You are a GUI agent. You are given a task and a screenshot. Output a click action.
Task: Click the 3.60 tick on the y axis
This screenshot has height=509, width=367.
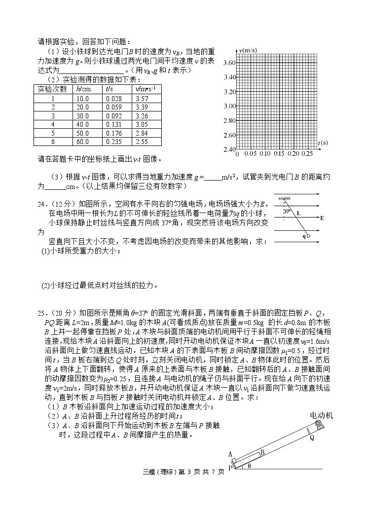pyautogui.click(x=228, y=63)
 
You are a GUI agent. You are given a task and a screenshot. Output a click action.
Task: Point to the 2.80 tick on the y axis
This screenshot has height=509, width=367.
pyautogui.click(x=228, y=121)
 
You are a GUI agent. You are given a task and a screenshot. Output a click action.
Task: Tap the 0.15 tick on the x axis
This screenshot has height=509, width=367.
pyautogui.click(x=279, y=154)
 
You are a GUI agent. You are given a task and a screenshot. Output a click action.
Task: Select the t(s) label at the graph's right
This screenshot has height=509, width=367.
pyautogui.click(x=323, y=143)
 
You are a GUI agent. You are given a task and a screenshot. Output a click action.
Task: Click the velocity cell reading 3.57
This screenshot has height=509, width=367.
pyautogui.click(x=141, y=99)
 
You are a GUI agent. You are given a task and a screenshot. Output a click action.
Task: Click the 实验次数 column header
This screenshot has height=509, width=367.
pyautogui.click(x=52, y=89)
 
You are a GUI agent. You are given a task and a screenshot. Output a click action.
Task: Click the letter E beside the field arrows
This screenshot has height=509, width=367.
pyautogui.click(x=322, y=218)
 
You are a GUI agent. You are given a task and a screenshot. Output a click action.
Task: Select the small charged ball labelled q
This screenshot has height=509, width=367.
pyautogui.click(x=308, y=236)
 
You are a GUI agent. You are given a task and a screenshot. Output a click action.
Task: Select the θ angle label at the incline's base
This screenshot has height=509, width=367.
pyautogui.click(x=249, y=466)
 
